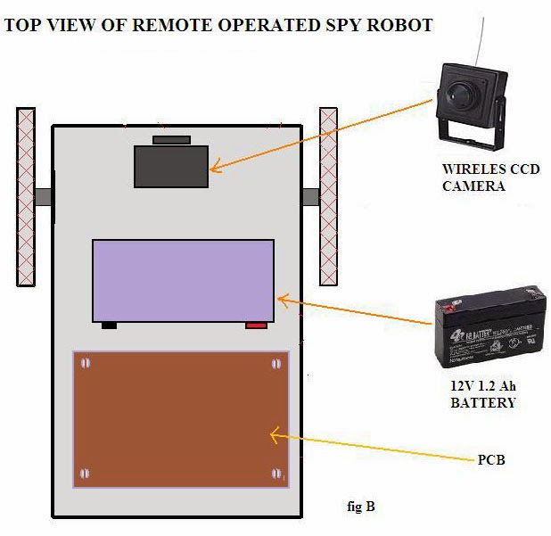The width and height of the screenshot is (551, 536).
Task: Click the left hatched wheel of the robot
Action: (26, 197)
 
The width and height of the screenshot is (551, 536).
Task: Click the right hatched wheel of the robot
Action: (328, 197)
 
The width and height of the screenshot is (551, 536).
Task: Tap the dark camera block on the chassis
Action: (171, 166)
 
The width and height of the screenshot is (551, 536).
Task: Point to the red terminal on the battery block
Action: (256, 326)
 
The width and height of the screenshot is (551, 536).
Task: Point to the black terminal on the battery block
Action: (109, 326)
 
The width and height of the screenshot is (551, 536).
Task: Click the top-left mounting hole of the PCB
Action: (86, 363)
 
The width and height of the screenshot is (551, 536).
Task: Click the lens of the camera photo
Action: (459, 91)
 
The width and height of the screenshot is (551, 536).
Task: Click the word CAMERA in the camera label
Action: (473, 186)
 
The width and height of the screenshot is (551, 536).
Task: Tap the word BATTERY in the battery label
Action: (483, 403)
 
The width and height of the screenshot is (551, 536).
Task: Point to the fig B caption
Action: (361, 507)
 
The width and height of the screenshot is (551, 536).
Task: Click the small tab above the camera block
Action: (171, 140)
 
